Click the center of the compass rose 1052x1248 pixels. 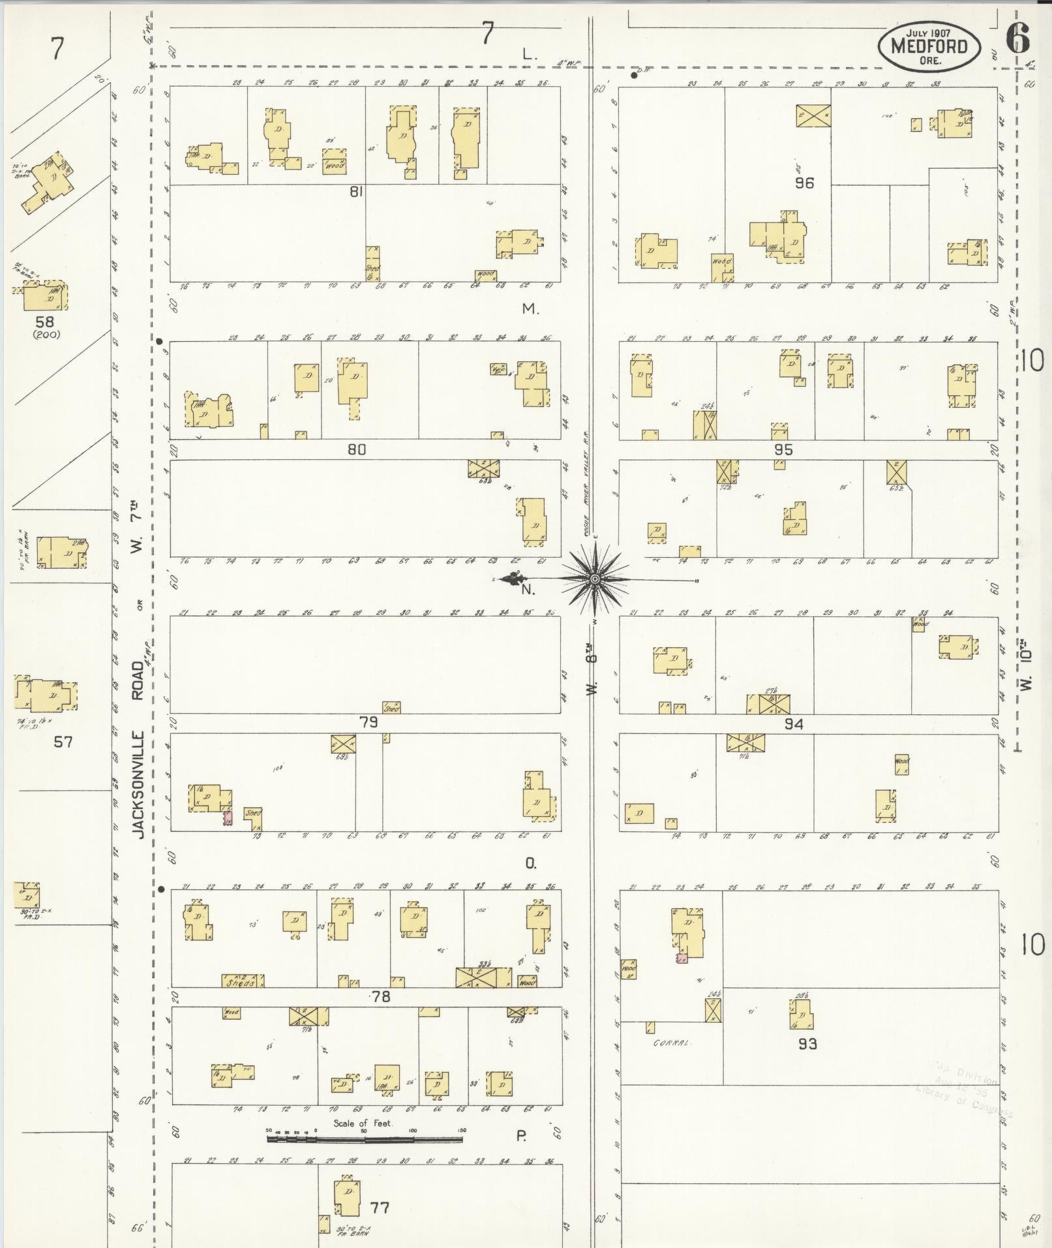[595, 579]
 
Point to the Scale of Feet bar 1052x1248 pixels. [365, 1140]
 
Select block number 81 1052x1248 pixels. [355, 192]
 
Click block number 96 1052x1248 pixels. [804, 183]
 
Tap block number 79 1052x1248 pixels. [368, 722]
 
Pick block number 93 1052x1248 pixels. [807, 1044]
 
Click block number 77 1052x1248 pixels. [380, 1208]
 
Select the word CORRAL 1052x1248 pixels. [671, 1043]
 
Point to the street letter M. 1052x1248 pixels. [530, 309]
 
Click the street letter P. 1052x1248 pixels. [522, 1136]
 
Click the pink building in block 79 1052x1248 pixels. [228, 817]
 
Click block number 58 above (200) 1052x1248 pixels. [45, 322]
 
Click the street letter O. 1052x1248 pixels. [530, 864]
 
